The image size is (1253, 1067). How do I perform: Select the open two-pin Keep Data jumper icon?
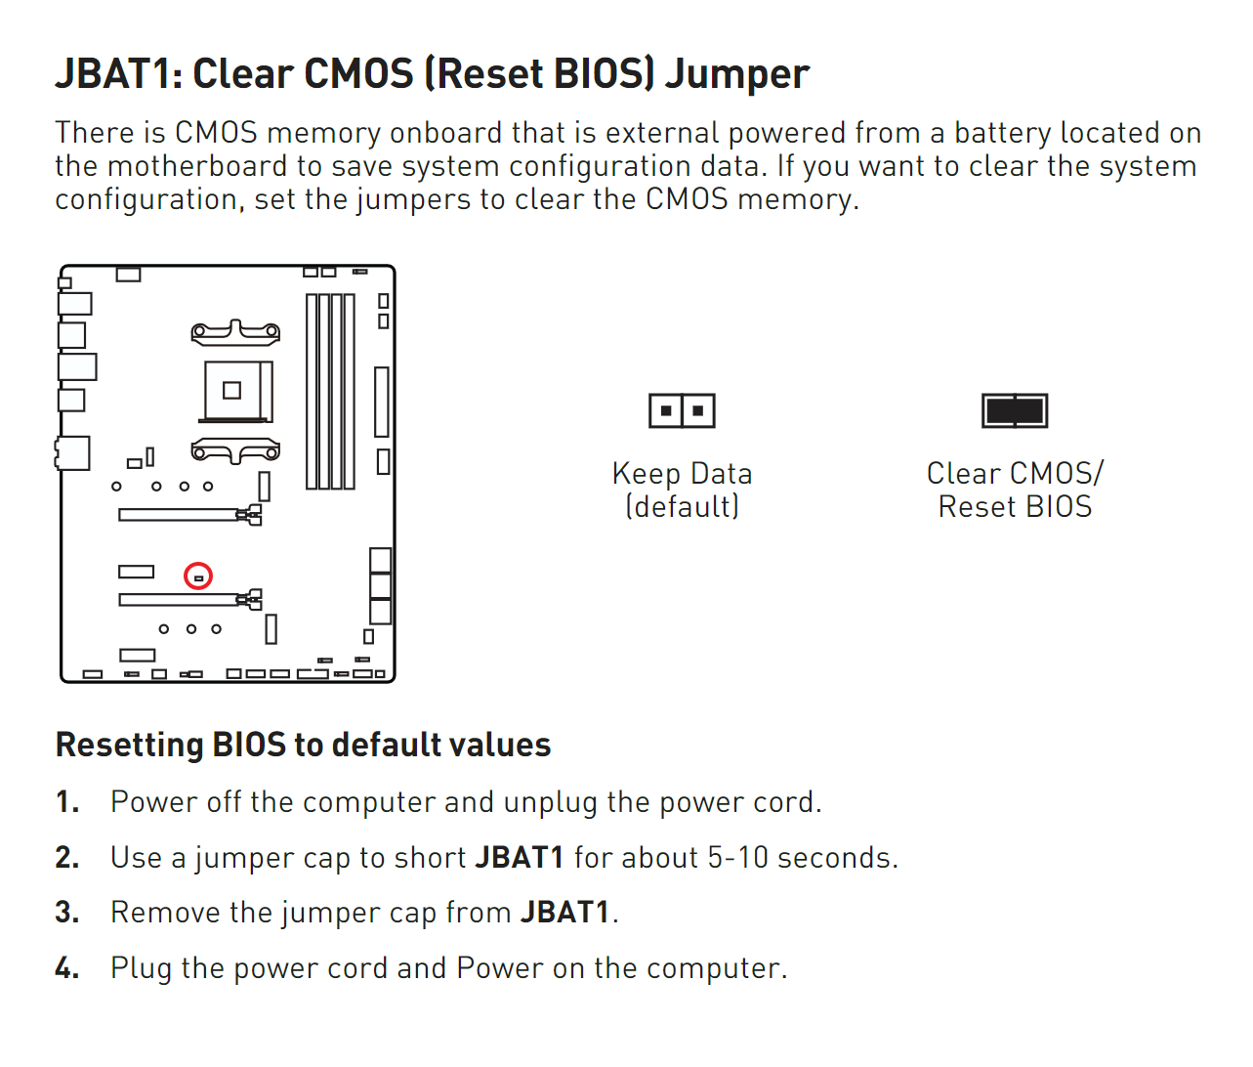tap(682, 410)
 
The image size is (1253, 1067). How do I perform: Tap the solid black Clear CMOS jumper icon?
tap(1015, 410)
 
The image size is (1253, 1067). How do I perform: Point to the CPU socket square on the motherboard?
tap(238, 391)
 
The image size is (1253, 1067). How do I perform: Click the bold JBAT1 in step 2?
tap(520, 858)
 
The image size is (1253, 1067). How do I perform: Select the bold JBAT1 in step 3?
tap(564, 913)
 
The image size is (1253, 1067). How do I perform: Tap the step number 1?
tap(67, 802)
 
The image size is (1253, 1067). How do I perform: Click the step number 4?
tap(67, 967)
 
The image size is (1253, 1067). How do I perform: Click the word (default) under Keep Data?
tap(682, 506)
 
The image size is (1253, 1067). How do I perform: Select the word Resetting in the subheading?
tap(129, 745)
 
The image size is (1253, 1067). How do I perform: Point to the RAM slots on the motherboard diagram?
tap(330, 391)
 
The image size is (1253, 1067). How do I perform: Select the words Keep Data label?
tap(682, 474)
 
